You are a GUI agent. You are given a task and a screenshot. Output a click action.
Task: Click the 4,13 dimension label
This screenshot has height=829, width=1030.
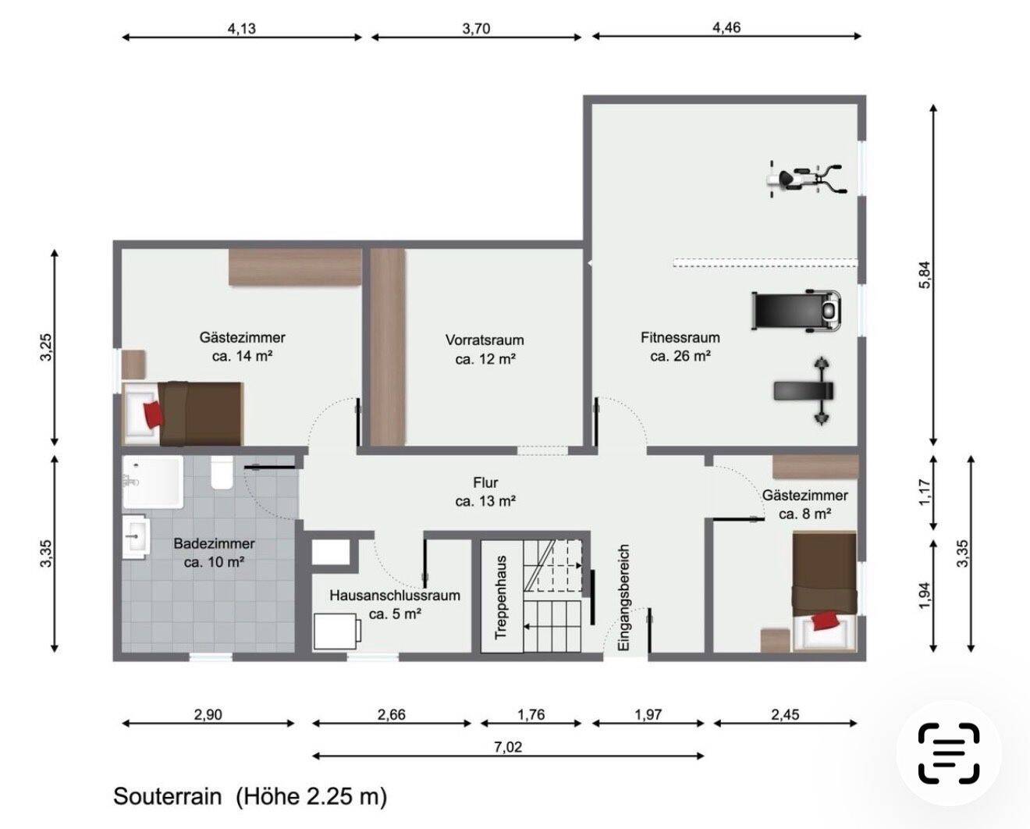tap(242, 29)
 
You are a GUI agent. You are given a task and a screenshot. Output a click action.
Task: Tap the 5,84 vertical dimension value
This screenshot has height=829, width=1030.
tap(925, 274)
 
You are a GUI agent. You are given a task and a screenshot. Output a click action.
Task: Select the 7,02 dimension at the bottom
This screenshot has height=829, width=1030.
tap(508, 746)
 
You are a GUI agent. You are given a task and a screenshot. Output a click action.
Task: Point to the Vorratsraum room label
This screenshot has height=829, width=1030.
tap(485, 340)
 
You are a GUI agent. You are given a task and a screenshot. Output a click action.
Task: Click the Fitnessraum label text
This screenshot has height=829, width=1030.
tap(680, 338)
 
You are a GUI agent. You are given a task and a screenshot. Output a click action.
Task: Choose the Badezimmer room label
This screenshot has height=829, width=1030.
tap(214, 543)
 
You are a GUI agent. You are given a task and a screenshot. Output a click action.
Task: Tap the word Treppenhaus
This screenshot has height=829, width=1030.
tap(501, 597)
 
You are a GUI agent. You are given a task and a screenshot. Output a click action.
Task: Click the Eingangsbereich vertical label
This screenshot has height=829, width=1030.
tap(623, 596)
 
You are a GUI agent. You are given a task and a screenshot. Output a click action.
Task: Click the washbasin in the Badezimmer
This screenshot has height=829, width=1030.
tap(136, 537)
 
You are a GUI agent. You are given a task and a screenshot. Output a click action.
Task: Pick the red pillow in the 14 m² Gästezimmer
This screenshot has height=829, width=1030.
tap(154, 414)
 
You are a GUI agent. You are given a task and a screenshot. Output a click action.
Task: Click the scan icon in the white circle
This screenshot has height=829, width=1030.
tap(949, 753)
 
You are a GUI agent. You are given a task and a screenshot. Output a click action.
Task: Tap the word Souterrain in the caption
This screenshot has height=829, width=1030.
tap(168, 798)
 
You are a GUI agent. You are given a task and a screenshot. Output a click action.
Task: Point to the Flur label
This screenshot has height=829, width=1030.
tap(485, 482)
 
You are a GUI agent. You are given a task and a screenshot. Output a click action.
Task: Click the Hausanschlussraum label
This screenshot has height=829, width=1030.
tap(395, 596)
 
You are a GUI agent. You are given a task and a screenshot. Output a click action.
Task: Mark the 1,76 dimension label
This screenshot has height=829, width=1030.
tap(531, 714)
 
